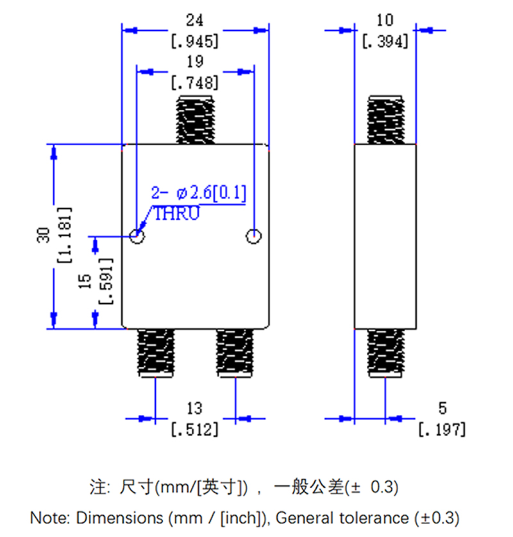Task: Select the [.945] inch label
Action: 195,42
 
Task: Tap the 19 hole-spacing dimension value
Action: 195,62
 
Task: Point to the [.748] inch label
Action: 195,82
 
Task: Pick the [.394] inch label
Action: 385,42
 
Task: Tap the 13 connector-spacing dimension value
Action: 194,408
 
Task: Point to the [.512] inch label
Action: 194,429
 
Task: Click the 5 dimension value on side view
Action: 442,408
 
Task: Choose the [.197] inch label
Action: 442,429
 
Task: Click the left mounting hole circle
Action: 137,236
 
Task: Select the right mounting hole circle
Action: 254,236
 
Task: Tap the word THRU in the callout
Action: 176,214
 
